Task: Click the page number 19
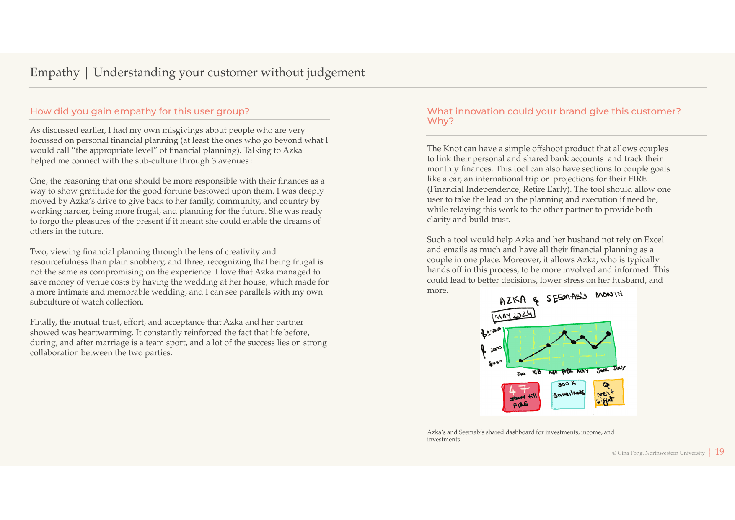click(719, 452)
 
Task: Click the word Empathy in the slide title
click(54, 72)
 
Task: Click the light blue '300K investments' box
click(568, 394)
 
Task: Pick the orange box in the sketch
click(608, 393)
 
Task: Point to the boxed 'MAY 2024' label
click(514, 315)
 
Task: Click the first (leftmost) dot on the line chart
click(521, 360)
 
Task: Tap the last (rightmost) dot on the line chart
click(608, 334)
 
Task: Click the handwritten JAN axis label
click(521, 374)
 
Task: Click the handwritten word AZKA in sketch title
click(513, 300)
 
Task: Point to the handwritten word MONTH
click(609, 295)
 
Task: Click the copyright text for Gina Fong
click(658, 453)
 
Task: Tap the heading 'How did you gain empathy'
click(140, 111)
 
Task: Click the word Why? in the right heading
click(440, 121)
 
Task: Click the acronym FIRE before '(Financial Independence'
click(637, 179)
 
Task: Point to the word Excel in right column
click(654, 240)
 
